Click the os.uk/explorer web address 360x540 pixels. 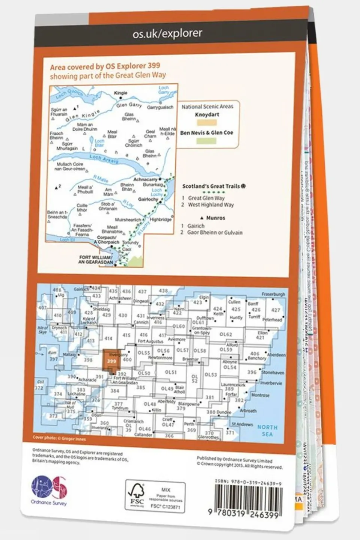point(167,33)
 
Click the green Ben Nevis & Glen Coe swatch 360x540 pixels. point(206,141)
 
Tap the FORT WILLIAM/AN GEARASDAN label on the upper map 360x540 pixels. point(96,260)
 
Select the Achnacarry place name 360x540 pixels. point(145,180)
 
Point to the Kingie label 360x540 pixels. point(121,93)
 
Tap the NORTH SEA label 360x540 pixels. point(267,430)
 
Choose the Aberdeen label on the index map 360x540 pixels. point(277,355)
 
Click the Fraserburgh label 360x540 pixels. point(273,295)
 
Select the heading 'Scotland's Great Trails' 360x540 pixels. point(214,186)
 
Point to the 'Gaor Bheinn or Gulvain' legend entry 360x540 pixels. point(215,233)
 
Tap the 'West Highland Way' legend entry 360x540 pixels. point(211,205)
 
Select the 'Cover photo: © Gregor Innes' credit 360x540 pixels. point(59,438)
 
